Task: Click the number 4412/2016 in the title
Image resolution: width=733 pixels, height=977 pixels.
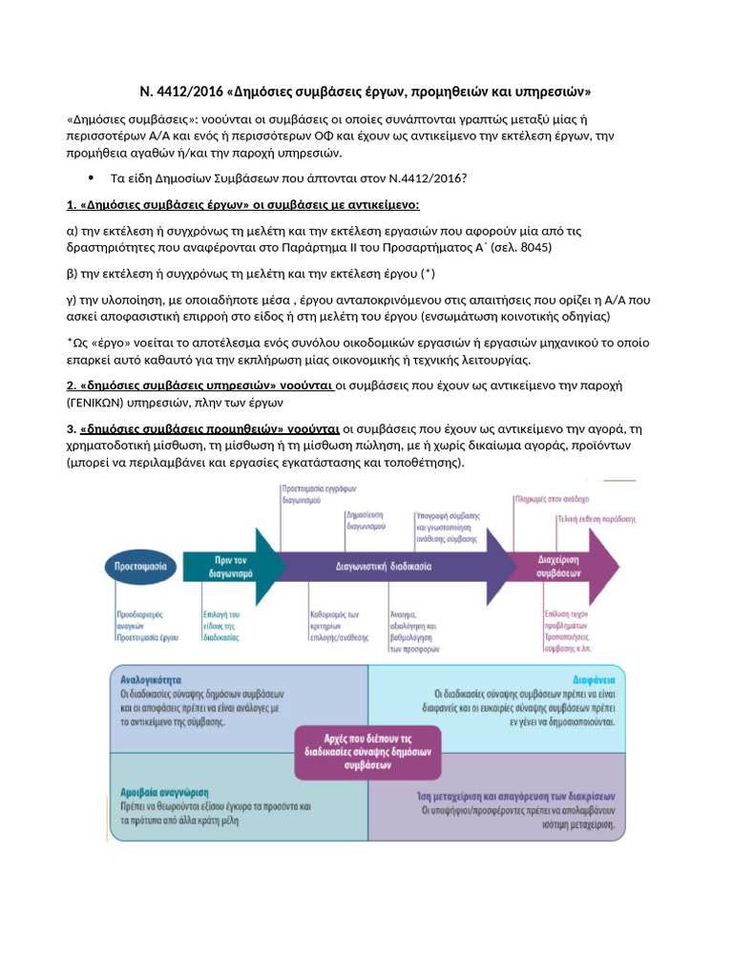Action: click(x=187, y=92)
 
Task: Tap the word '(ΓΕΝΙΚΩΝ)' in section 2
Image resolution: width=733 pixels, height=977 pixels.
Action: click(x=101, y=403)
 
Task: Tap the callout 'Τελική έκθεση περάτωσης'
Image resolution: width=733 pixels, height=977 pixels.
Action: click(x=596, y=520)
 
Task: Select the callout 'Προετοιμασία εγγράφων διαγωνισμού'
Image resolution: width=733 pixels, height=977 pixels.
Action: click(x=318, y=492)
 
